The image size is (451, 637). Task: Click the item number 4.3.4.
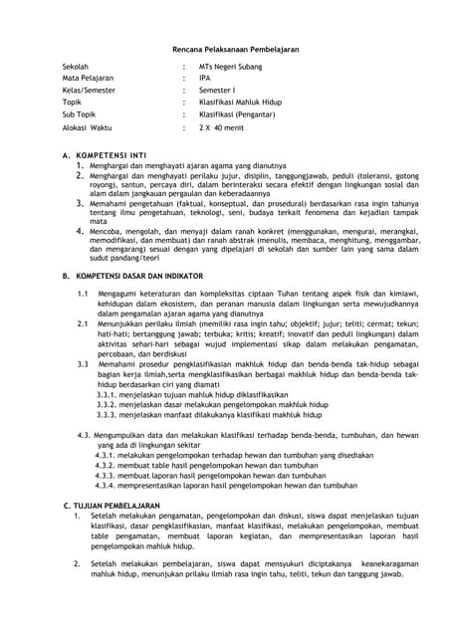point(108,486)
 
